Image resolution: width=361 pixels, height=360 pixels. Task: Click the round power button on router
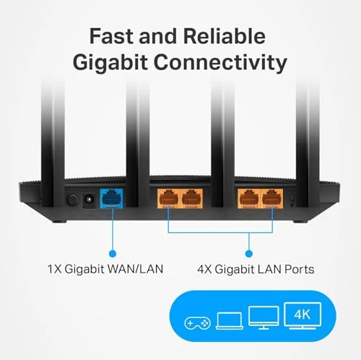tap(71, 198)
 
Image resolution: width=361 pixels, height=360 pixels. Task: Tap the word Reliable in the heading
tap(225, 36)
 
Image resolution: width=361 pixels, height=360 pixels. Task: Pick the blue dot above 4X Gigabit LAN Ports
tap(248, 253)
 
